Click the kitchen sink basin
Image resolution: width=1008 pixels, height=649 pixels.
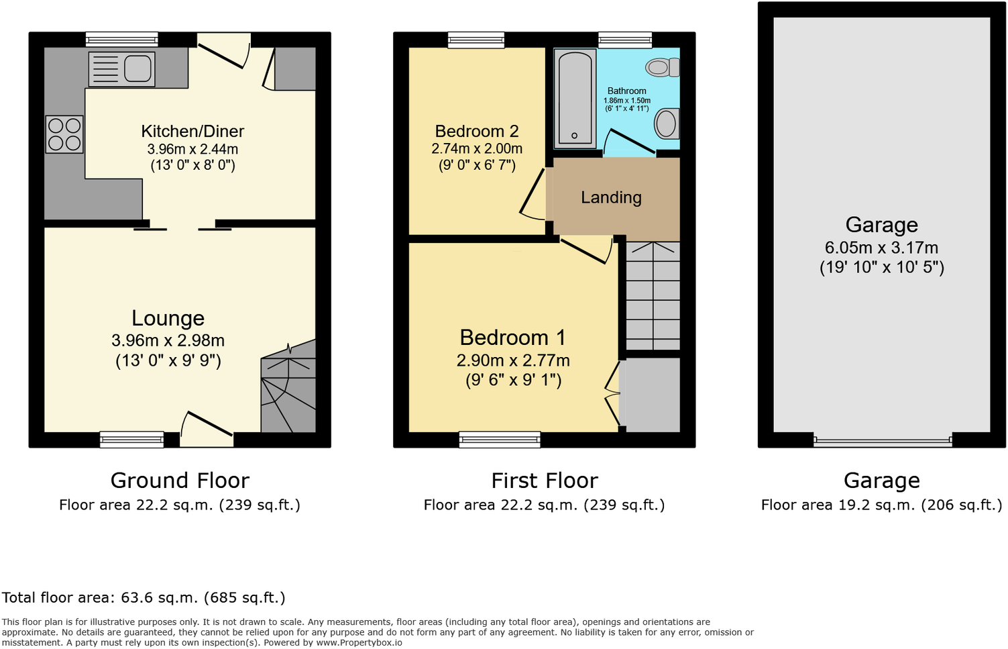tap(137, 68)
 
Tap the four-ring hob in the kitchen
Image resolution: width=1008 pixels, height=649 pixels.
tap(64, 134)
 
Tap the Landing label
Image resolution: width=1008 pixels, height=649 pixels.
tap(611, 197)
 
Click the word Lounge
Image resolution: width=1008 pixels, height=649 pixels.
tap(168, 318)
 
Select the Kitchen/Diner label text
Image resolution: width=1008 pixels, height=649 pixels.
tap(192, 132)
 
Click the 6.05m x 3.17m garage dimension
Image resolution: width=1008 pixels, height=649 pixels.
tap(881, 248)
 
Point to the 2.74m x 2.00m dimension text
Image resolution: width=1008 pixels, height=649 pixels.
tap(477, 149)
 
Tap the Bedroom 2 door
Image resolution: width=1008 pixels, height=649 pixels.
tap(533, 195)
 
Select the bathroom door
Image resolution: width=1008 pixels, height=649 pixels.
tap(629, 142)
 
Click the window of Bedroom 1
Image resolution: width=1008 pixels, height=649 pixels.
tap(500, 440)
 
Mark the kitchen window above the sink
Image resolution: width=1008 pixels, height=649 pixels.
tap(122, 40)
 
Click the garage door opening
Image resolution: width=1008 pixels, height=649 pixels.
tap(882, 441)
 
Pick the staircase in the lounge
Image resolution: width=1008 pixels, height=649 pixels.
tap(288, 389)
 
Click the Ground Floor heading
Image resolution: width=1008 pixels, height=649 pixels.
tap(180, 481)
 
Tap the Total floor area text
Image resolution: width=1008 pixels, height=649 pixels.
tap(144, 597)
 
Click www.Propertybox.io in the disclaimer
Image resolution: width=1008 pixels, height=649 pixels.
tap(359, 642)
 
